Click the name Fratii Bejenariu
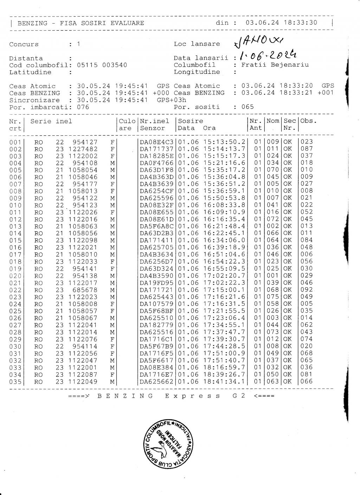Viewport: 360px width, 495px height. point(275,65)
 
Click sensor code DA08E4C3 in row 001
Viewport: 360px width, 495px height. point(157,142)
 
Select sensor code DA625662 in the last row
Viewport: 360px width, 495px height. point(157,381)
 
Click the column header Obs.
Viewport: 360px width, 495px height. point(308,121)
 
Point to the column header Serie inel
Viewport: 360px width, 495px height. point(51,121)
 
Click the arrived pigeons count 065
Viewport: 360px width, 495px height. point(247,107)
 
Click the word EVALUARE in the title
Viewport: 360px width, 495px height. point(127,23)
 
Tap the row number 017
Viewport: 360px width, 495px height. point(15,255)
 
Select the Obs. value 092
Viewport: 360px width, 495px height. point(307,290)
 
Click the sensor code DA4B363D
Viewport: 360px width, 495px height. point(157,177)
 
